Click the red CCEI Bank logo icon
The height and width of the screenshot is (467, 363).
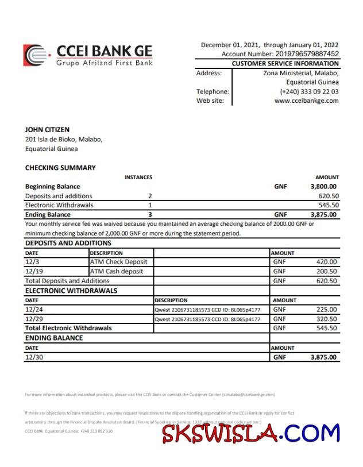35,55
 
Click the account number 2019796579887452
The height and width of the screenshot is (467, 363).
300,54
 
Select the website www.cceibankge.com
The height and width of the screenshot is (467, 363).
306,101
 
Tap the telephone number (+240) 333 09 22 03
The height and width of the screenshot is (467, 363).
309,91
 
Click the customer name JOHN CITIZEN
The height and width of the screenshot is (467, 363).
47,130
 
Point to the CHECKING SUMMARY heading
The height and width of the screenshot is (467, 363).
60,168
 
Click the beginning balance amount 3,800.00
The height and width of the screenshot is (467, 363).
323,187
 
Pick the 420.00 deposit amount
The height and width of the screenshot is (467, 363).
326,262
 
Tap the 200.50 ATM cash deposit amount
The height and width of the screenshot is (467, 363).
326,271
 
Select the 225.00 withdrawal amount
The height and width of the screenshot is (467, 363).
326,310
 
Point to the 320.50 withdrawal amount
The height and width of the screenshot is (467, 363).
326,319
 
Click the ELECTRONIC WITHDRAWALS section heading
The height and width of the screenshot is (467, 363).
71,291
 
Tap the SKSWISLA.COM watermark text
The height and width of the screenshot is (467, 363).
251,434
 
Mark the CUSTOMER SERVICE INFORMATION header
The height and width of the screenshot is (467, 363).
285,64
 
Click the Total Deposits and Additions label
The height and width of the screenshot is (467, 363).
67,281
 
